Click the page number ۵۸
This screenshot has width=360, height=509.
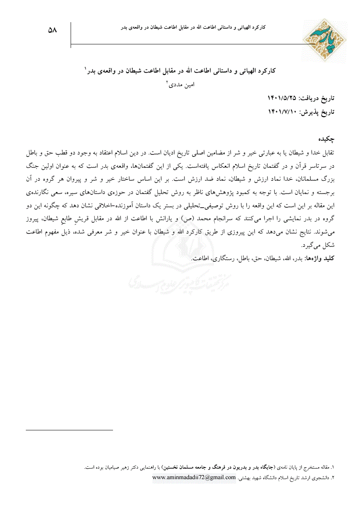tap(52, 30)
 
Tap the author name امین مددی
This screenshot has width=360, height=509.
tap(185, 85)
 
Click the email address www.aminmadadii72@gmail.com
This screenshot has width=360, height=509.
tap(194, 478)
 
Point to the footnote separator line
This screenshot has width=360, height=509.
tap(69, 430)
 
